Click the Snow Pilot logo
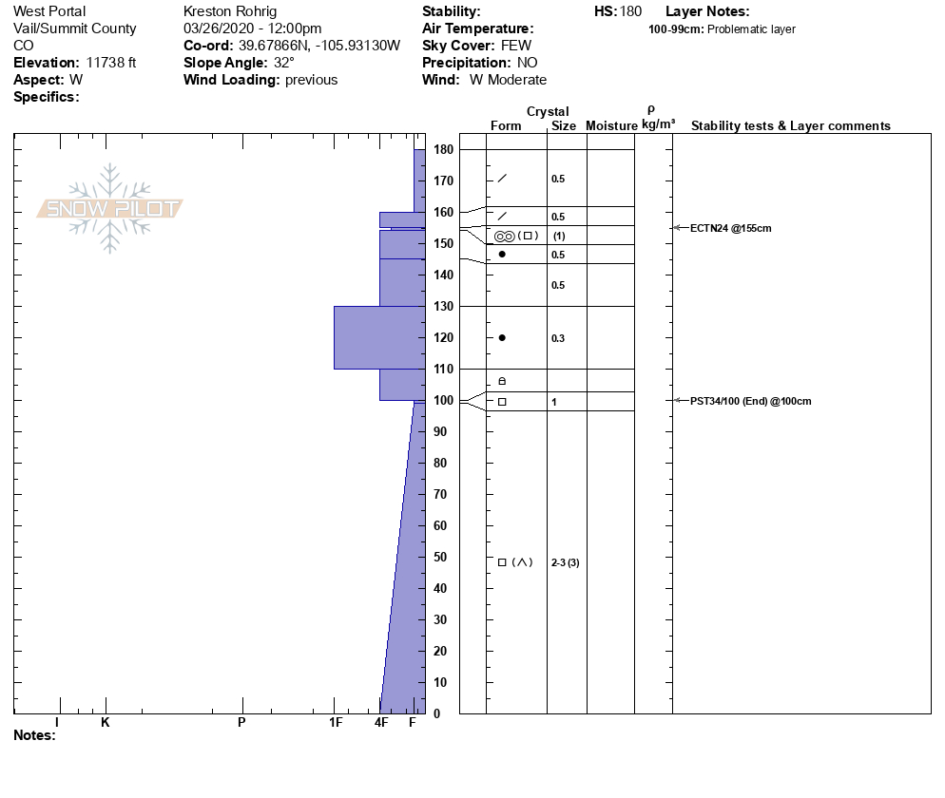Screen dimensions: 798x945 point(110,209)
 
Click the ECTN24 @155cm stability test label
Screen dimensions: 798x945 point(731,228)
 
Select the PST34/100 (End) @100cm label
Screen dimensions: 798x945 point(751,401)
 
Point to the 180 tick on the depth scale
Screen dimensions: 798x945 point(443,150)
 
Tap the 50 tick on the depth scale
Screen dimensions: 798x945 point(443,557)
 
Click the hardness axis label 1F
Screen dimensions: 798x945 point(335,723)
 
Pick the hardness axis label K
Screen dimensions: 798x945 point(106,723)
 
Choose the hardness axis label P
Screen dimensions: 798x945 point(241,723)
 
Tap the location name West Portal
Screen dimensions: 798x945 point(49,11)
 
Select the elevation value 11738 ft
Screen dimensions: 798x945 point(111,63)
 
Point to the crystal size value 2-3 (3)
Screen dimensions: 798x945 point(565,562)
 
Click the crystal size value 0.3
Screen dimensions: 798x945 point(558,338)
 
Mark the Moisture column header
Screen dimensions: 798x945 point(611,126)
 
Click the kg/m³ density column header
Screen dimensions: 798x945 point(658,125)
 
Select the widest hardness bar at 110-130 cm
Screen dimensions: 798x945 point(377,337)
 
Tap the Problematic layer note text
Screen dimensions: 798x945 point(751,29)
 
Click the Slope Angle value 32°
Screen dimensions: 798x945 point(284,63)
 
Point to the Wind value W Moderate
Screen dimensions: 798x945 point(508,80)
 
